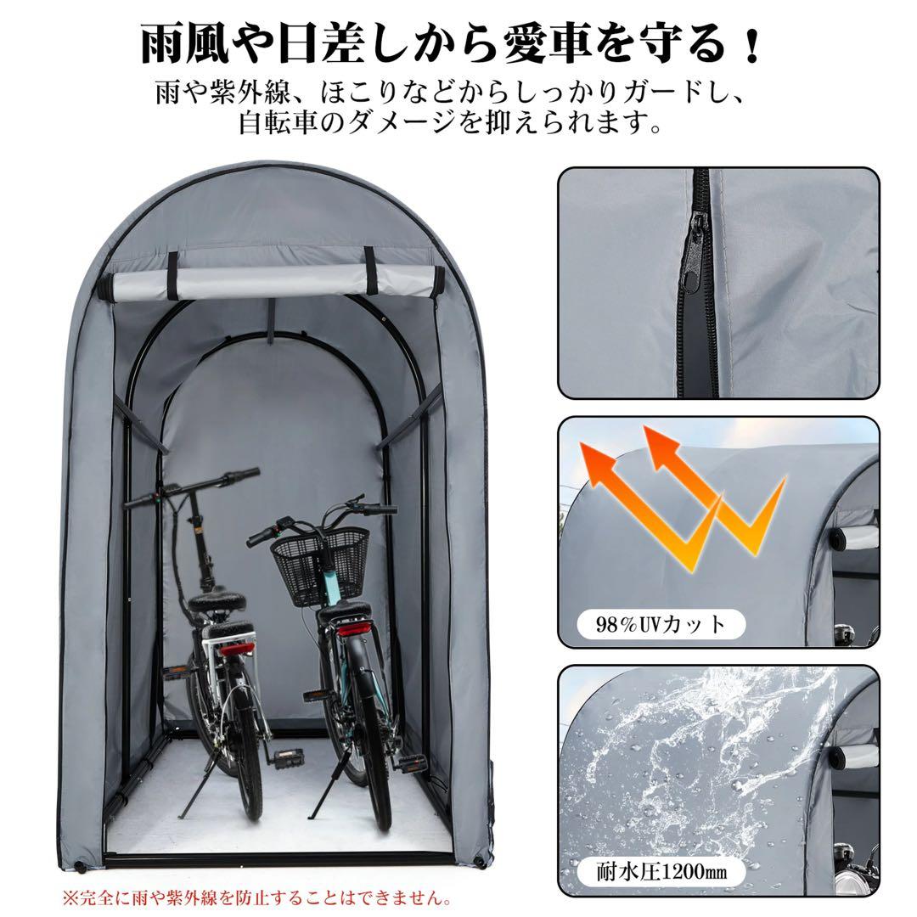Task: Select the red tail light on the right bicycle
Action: (x=354, y=631)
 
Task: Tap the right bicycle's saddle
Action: (x=346, y=610)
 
